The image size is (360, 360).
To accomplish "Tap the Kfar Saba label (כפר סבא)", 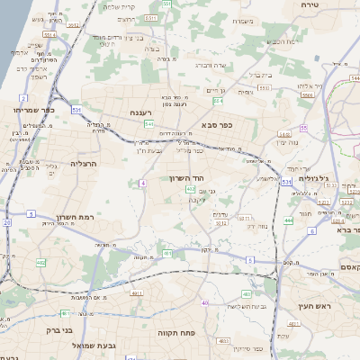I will [219, 124].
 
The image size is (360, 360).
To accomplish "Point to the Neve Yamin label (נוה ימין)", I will [262, 142].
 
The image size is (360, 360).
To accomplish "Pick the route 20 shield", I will [6, 221].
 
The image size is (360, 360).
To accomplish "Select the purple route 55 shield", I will [304, 129].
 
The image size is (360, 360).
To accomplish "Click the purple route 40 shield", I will [205, 303].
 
